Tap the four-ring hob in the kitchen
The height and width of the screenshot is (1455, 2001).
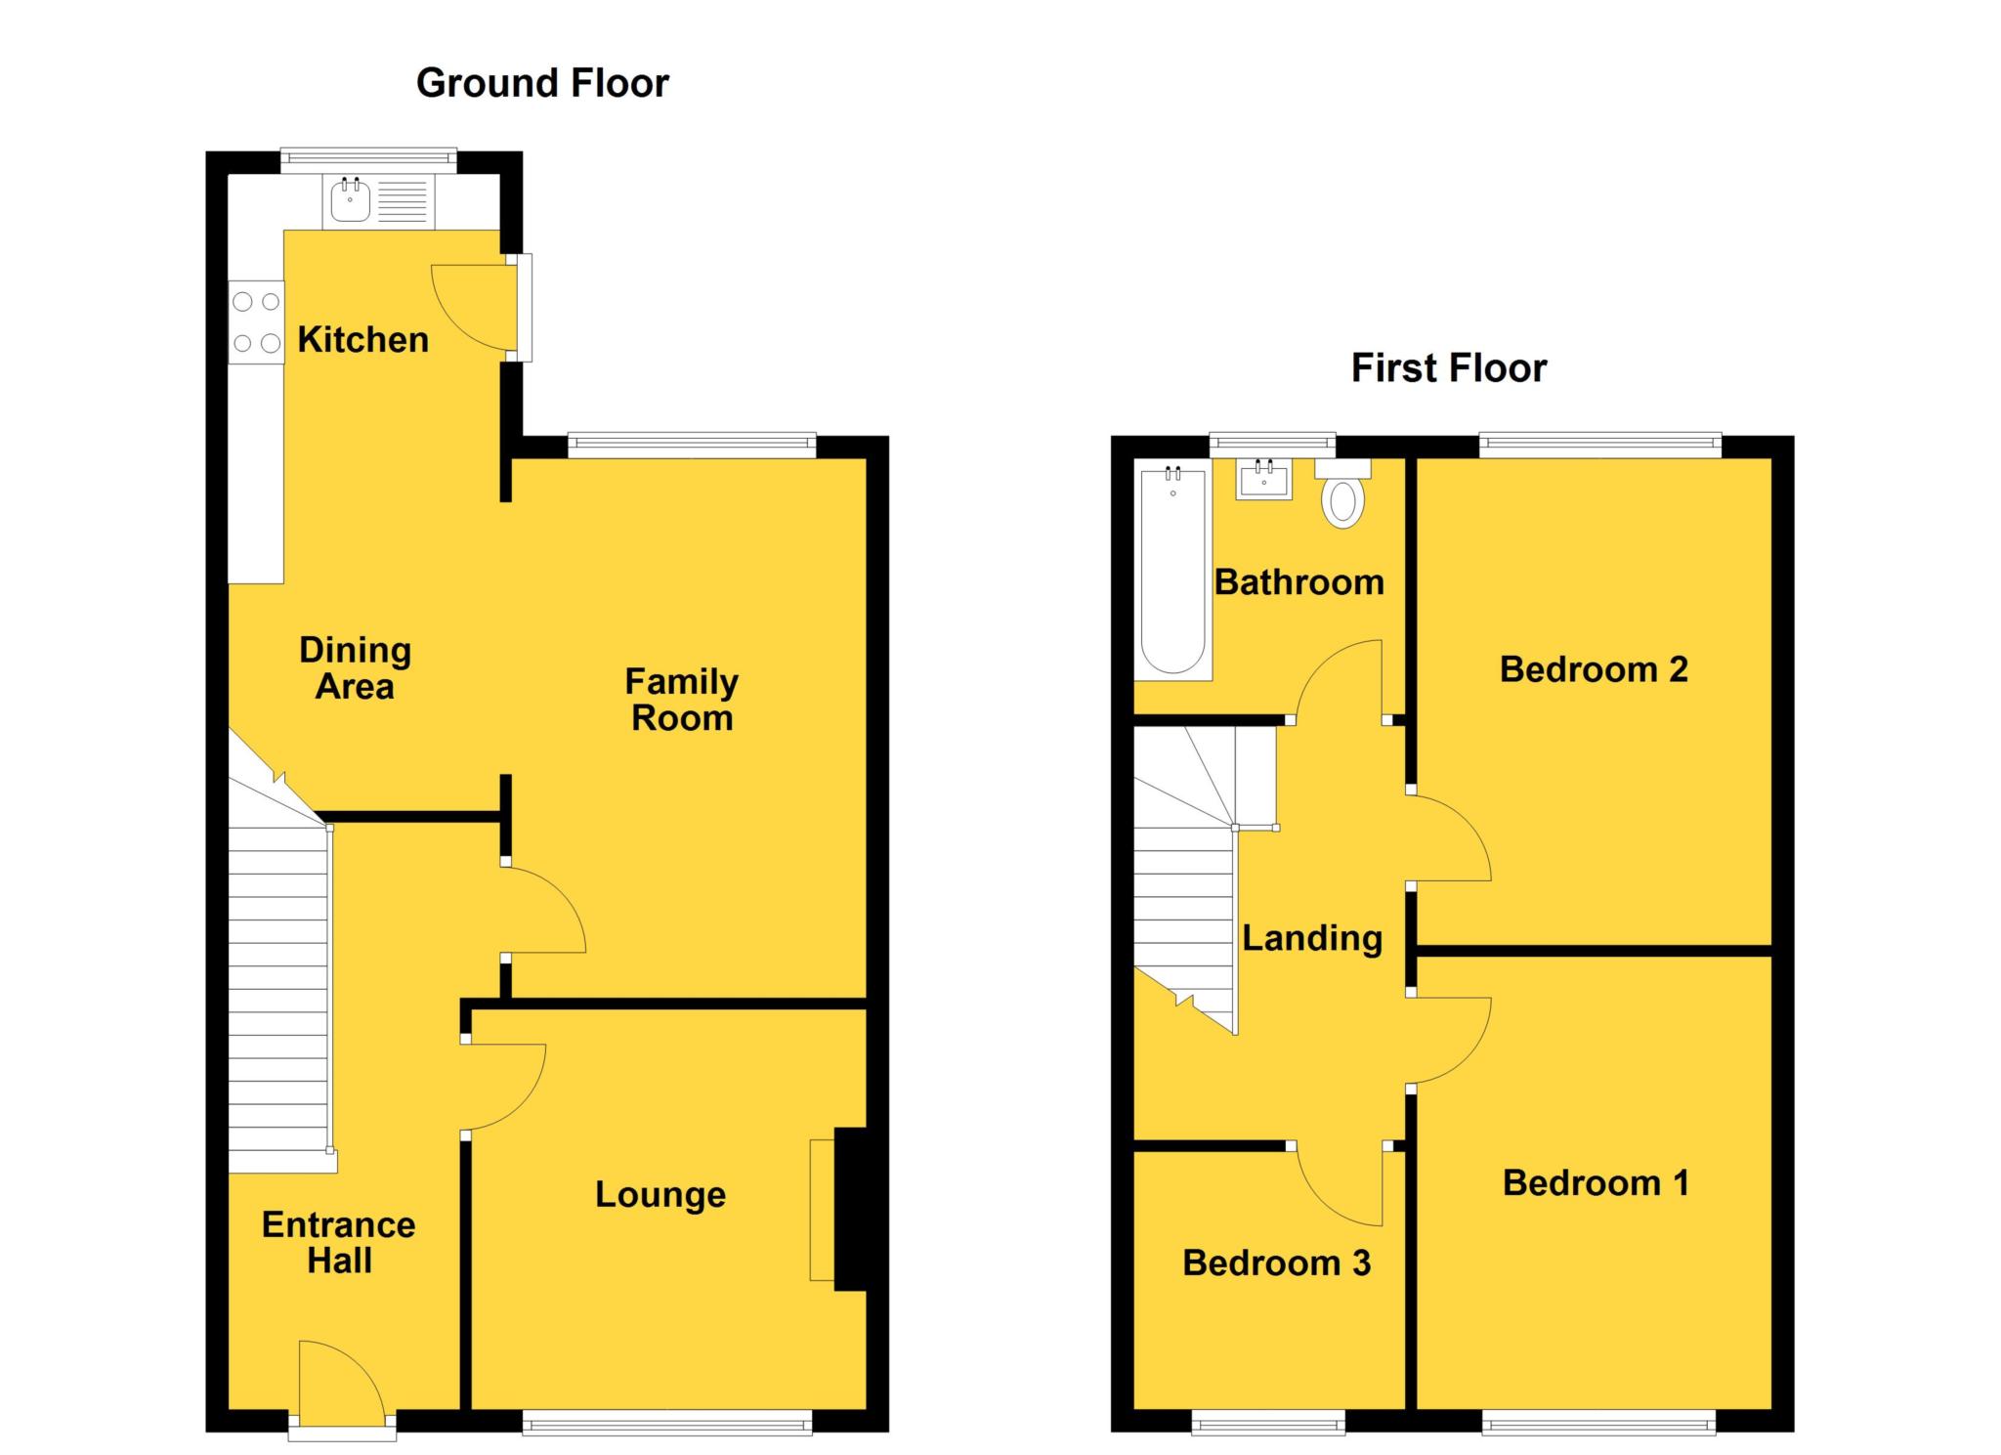pyautogui.click(x=256, y=322)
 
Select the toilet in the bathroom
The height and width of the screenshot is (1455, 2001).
pyautogui.click(x=1343, y=498)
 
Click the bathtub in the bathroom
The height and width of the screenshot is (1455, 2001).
pyautogui.click(x=1172, y=572)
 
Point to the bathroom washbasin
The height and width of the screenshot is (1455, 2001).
pyautogui.click(x=1263, y=480)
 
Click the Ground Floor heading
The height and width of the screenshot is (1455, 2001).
pyautogui.click(x=542, y=84)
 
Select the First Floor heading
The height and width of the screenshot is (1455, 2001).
pyautogui.click(x=1448, y=368)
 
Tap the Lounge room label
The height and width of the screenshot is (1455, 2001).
pyautogui.click(x=660, y=1194)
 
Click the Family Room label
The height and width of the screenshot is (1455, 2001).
pyautogui.click(x=681, y=700)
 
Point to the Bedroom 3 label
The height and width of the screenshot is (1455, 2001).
pyautogui.click(x=1276, y=1262)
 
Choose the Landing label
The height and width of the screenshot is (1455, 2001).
pyautogui.click(x=1311, y=938)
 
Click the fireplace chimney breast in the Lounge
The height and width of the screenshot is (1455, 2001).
pyautogui.click(x=850, y=1210)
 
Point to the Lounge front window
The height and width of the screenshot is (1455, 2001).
pyautogui.click(x=666, y=1422)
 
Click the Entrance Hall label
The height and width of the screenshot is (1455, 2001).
pyautogui.click(x=338, y=1242)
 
